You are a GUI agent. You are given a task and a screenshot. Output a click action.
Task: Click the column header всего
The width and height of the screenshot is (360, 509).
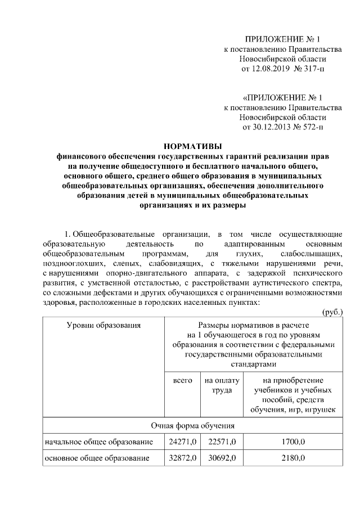[x=182, y=381]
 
